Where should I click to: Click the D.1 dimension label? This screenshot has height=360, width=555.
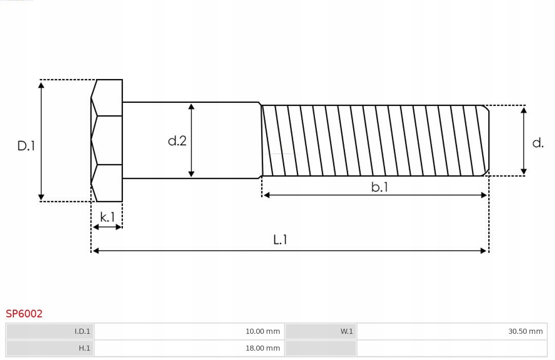coord(26,146)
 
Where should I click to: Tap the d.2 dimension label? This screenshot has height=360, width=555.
coord(177,141)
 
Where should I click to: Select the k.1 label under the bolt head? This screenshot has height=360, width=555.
coord(107,217)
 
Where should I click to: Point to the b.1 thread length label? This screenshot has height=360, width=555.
coord(380,187)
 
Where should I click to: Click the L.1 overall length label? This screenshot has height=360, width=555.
coord(280,239)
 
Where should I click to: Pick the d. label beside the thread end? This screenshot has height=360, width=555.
coord(538,143)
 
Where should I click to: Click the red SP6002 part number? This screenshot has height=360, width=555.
coord(24,314)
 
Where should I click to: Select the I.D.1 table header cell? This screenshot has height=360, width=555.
coord(50,331)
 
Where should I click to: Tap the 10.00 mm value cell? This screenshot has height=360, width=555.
coord(189,331)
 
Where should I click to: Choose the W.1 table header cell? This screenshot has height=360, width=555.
coord(321,331)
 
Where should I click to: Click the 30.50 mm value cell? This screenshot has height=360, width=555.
coord(452,331)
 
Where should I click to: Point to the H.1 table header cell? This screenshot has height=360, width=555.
coord(50,348)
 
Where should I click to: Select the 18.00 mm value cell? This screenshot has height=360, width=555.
coord(189,348)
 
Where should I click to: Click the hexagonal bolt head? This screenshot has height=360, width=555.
coord(107,140)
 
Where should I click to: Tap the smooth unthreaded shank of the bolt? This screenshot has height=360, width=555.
coord(226,140)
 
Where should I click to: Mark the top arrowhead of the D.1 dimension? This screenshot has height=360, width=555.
coord(41,84)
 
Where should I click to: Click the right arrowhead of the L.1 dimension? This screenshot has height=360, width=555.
coord(484,251)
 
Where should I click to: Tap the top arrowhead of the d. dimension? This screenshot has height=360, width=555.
coord(524,110)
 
